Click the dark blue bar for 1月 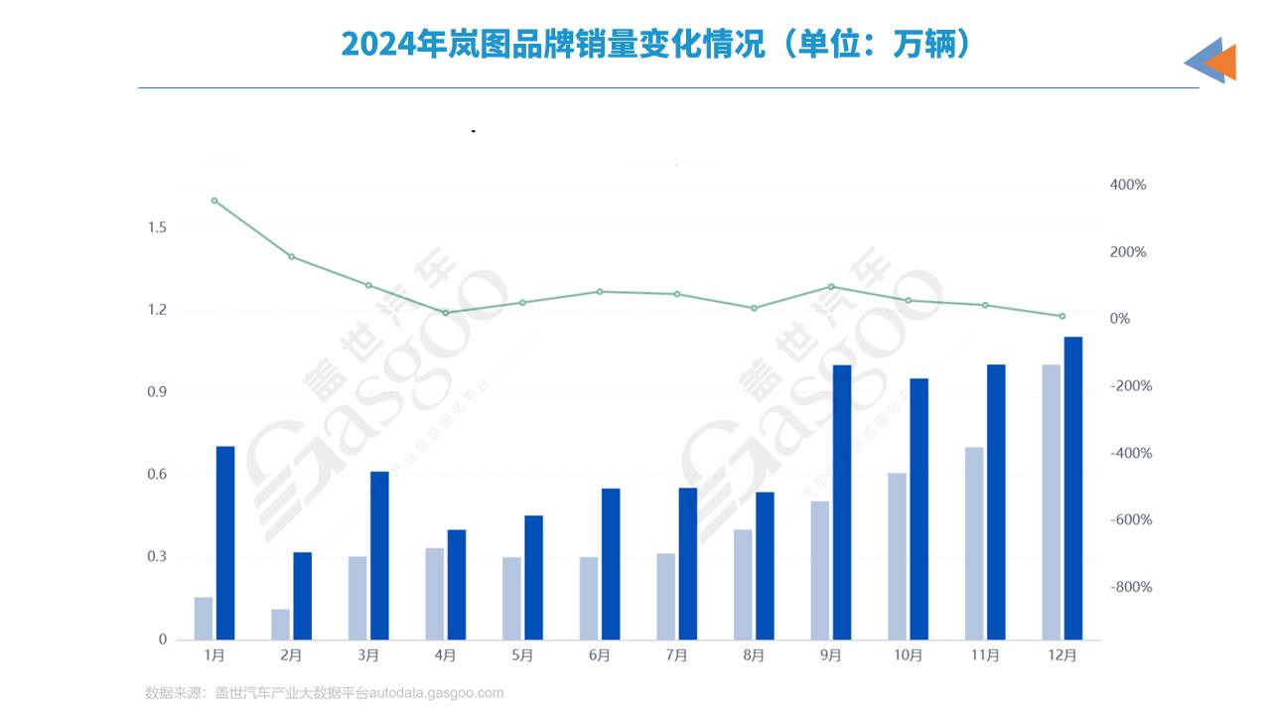point(225,542)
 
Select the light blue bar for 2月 point(280,624)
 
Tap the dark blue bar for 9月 point(842,501)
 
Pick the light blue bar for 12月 point(1051,501)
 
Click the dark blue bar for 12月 point(1073,488)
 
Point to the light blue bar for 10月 point(897,556)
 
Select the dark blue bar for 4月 point(457,584)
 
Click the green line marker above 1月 point(214,201)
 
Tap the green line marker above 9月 point(831,287)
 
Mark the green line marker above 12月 point(1061,316)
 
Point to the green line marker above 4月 point(446,313)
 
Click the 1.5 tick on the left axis point(156,227)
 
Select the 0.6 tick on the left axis point(156,475)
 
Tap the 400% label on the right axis point(1127,186)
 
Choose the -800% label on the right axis point(1130,587)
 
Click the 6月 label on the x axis point(600,655)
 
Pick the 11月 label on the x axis point(985,655)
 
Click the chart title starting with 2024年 point(655,44)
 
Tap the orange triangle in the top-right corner point(1222,63)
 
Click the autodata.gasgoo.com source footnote point(324,693)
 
